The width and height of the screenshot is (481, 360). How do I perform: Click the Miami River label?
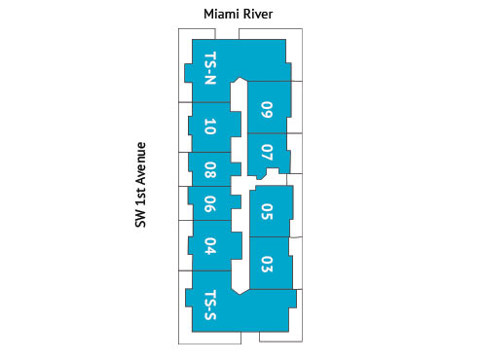239,14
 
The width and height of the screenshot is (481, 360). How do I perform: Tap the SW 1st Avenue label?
141,185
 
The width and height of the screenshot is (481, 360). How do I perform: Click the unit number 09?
267,110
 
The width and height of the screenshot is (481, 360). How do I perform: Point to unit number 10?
210,127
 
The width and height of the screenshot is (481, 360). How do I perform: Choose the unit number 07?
267,154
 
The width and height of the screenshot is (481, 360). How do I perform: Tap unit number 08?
210,170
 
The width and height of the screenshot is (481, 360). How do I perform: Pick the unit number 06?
210,204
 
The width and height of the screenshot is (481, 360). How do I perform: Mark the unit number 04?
210,247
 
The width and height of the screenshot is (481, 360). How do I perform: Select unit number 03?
267,263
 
